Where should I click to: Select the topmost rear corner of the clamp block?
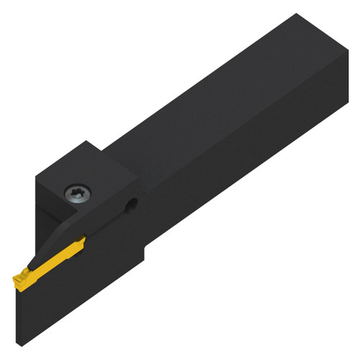(87, 140)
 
